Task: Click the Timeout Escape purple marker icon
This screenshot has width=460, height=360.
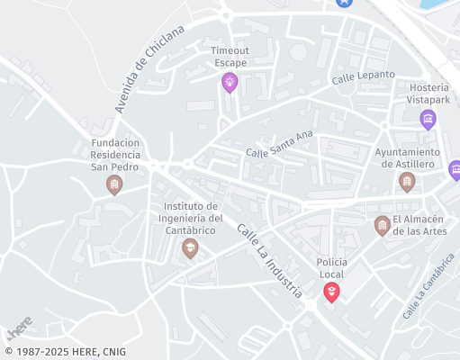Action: (x=230, y=83)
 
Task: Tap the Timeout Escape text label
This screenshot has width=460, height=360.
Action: (x=230, y=57)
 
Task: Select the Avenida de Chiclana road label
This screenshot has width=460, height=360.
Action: (x=149, y=68)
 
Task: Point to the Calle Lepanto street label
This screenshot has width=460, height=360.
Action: (x=363, y=77)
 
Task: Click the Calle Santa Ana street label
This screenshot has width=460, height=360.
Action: (x=279, y=144)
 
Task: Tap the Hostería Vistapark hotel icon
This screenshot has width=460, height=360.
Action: (x=428, y=119)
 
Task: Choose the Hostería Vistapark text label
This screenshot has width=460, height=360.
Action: (x=428, y=94)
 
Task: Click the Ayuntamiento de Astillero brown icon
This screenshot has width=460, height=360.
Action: (x=407, y=182)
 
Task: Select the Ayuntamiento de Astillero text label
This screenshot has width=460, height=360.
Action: (x=406, y=158)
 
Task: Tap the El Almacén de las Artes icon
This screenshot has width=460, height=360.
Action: (x=383, y=224)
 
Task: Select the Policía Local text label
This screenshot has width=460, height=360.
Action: (x=331, y=267)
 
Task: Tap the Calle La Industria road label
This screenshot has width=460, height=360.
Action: (x=269, y=261)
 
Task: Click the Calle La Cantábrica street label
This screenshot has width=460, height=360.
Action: (x=428, y=285)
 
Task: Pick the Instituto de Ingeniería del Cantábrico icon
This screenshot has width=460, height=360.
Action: (x=189, y=247)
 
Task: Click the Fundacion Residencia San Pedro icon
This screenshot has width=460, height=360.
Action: (x=114, y=184)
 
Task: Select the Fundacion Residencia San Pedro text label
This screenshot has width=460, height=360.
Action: (x=114, y=154)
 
